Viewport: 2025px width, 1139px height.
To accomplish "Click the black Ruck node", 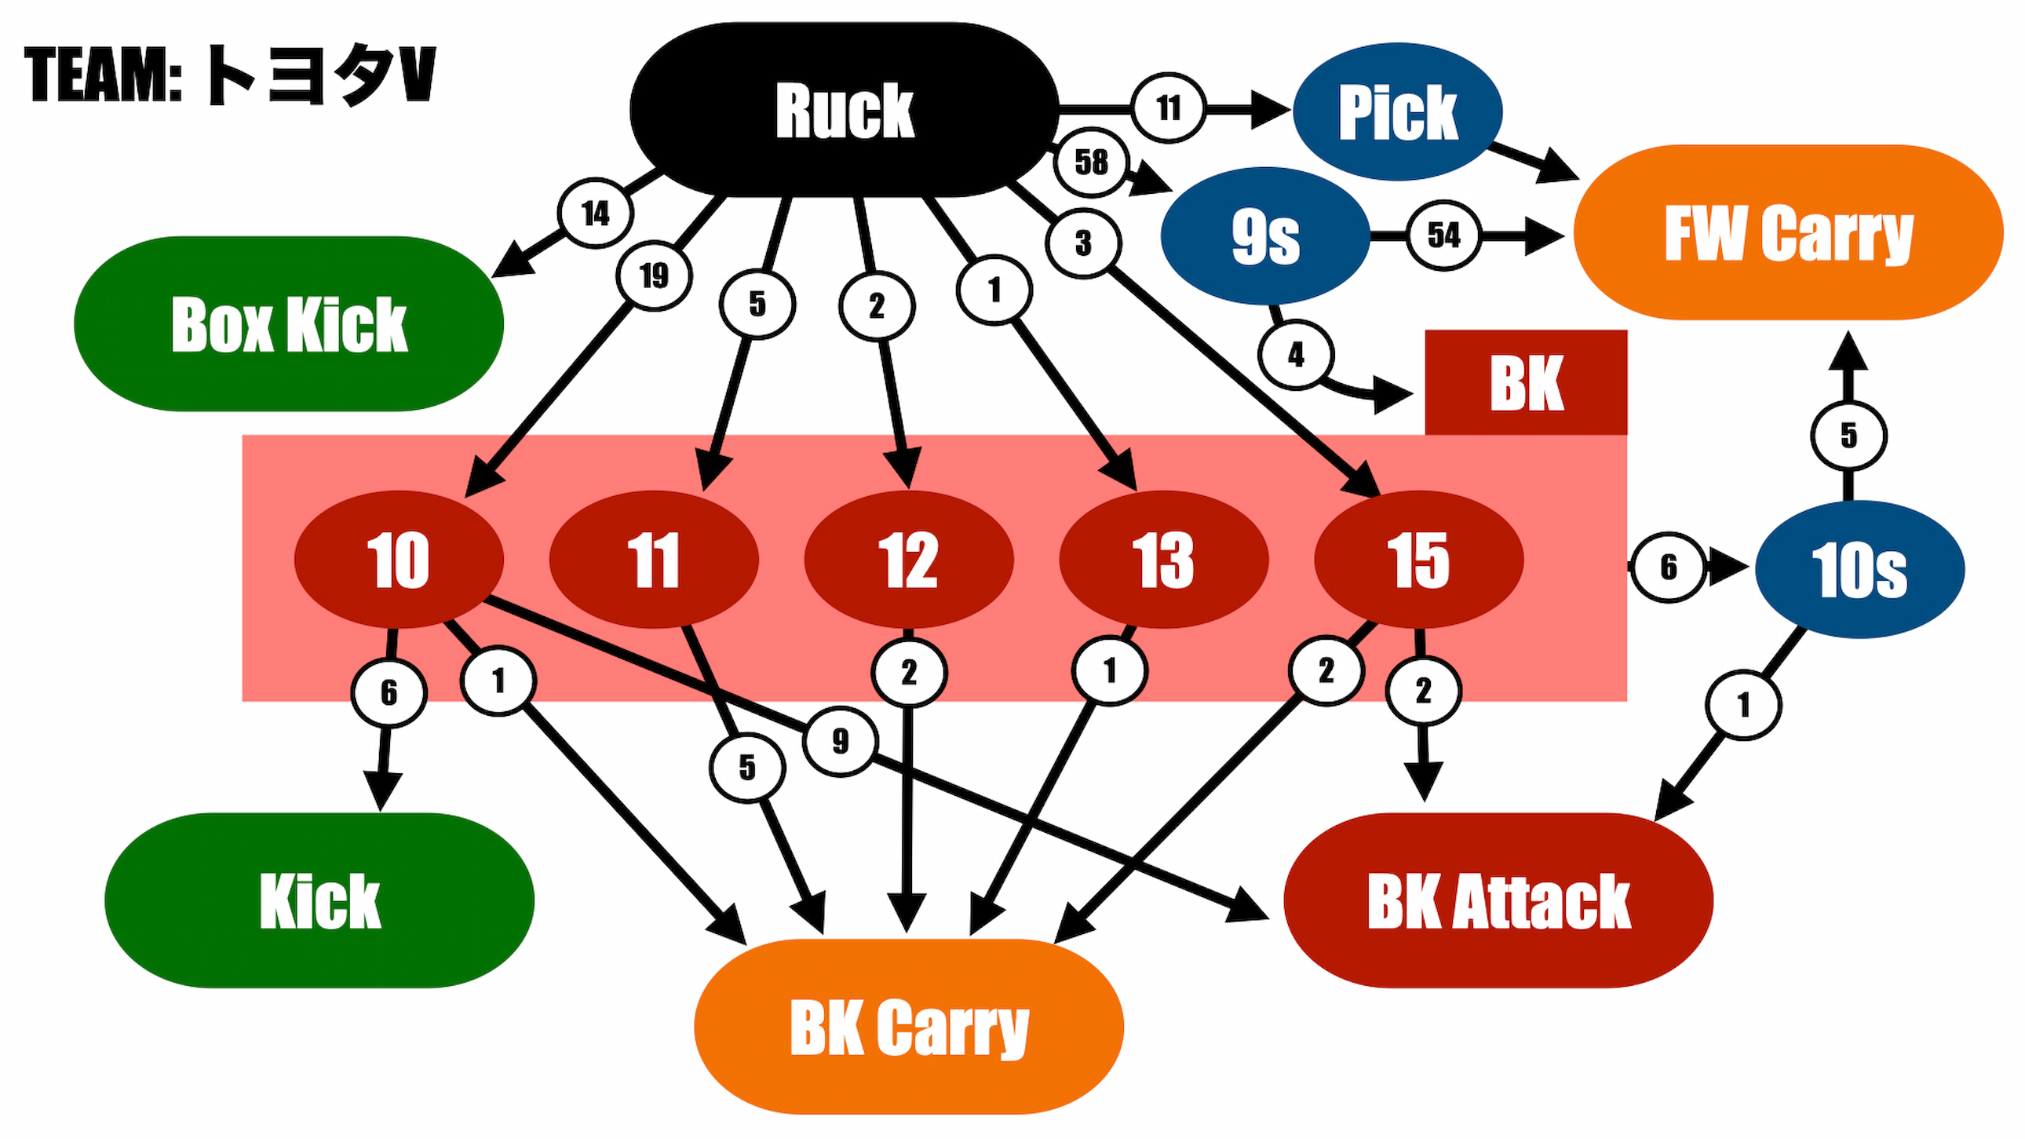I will click(x=845, y=110).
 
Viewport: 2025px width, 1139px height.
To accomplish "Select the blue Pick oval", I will click(x=1398, y=111).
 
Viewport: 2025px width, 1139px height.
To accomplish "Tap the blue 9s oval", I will click(x=1264, y=235).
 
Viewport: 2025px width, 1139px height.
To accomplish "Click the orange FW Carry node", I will click(x=1789, y=232).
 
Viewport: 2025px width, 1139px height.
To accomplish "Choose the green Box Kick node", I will click(x=289, y=324).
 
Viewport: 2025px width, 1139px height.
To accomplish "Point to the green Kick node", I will click(x=319, y=900).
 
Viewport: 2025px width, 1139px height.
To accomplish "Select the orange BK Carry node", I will click(x=909, y=1027).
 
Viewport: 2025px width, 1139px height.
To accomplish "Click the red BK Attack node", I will click(x=1498, y=900).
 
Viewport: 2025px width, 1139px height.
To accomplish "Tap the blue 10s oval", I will click(x=1859, y=569).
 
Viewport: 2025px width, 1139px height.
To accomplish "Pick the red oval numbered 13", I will click(x=1163, y=560).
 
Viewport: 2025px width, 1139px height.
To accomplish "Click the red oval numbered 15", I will click(x=1419, y=560).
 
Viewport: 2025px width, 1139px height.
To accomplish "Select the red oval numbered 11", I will click(x=653, y=560).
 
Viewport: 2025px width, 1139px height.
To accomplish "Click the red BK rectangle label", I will click(x=1526, y=383).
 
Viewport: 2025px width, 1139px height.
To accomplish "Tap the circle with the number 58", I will click(x=1091, y=162).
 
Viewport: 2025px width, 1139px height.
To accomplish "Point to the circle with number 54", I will click(x=1443, y=235).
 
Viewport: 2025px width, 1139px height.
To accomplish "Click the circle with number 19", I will click(x=654, y=276).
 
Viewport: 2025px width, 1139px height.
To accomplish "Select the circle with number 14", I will click(x=595, y=213).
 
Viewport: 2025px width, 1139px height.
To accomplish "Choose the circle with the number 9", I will click(x=841, y=740).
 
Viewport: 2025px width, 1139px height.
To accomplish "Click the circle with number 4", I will click(x=1296, y=356).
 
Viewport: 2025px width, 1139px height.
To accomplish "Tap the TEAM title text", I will click(x=229, y=75).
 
